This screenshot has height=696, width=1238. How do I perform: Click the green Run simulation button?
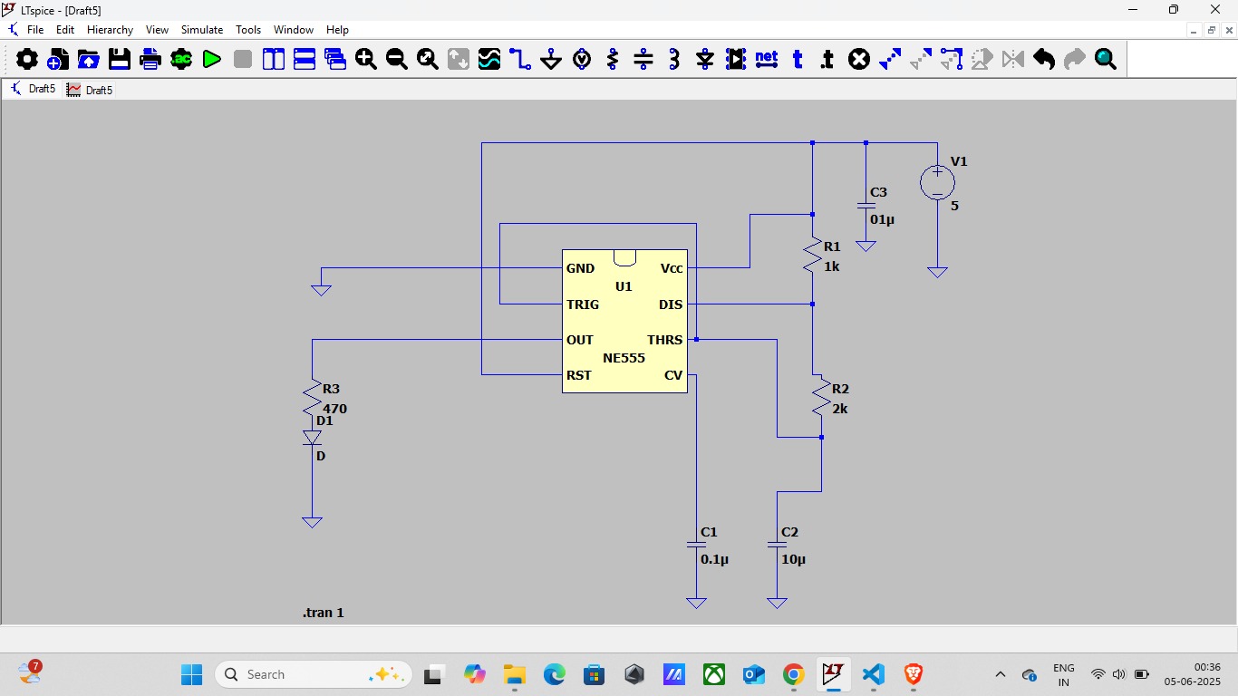click(212, 59)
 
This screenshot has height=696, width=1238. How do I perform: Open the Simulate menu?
click(202, 30)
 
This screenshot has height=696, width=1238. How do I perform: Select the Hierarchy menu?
click(110, 30)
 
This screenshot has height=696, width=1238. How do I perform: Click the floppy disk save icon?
click(120, 59)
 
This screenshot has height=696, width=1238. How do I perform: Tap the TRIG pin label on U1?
click(583, 304)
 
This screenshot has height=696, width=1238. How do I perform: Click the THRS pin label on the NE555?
click(665, 340)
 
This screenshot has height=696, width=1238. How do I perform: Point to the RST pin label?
click(578, 375)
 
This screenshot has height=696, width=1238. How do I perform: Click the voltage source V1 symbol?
click(937, 182)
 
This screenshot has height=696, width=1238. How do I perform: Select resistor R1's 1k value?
click(832, 267)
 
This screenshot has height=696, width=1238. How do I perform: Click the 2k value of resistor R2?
click(840, 409)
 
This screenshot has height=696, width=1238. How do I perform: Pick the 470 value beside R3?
click(335, 409)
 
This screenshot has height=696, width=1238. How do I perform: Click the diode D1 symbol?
click(313, 438)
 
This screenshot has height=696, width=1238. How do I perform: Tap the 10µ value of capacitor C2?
click(794, 559)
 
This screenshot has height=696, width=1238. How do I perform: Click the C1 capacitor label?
click(709, 532)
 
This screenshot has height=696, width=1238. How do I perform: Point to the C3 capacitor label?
click(879, 192)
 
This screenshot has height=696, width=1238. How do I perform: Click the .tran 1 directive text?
click(324, 613)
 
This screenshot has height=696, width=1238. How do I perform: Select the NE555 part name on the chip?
click(624, 358)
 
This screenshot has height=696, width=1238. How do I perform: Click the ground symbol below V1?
click(937, 272)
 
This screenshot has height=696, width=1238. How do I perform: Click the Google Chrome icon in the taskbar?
click(794, 674)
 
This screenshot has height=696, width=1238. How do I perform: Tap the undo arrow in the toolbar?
click(1043, 59)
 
